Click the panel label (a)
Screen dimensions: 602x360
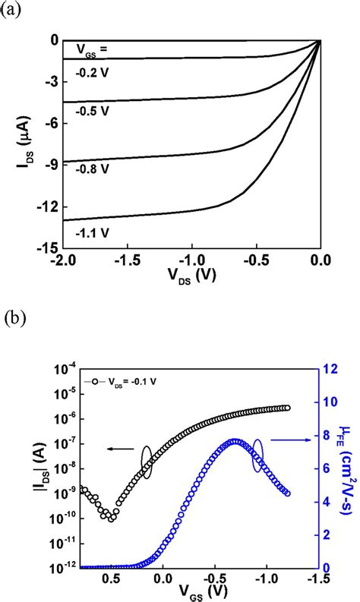[x=12, y=10]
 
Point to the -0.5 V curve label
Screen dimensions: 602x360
[x=96, y=111]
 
